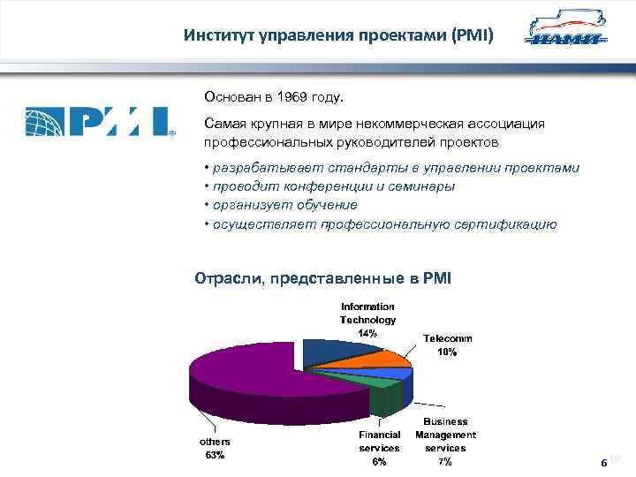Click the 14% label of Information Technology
click(x=367, y=333)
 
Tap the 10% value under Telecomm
click(x=447, y=352)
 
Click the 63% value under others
click(x=215, y=455)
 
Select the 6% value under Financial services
click(x=379, y=461)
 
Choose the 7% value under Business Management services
click(x=445, y=461)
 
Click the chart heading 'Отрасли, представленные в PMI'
click(x=322, y=278)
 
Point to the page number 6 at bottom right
click(x=602, y=462)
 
